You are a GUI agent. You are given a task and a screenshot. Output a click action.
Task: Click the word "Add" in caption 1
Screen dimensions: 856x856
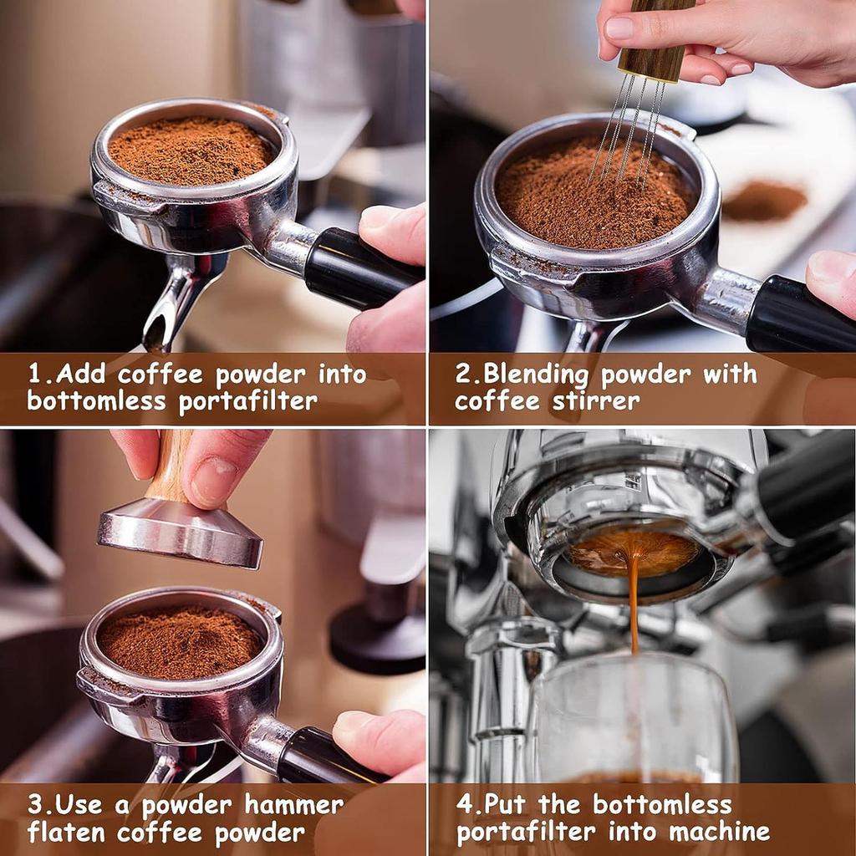81,374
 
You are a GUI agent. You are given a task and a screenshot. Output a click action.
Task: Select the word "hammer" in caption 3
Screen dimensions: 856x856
294,805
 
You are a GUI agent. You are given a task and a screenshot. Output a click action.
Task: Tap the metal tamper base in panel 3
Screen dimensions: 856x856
180,535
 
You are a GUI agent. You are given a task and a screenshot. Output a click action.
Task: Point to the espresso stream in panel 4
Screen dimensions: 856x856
634,602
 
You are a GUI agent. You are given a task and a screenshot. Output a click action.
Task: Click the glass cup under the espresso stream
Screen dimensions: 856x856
635,719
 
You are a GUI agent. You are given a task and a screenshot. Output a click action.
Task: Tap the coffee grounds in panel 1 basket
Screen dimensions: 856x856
192,150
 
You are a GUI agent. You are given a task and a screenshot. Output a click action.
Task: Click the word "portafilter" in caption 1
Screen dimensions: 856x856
247,400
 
